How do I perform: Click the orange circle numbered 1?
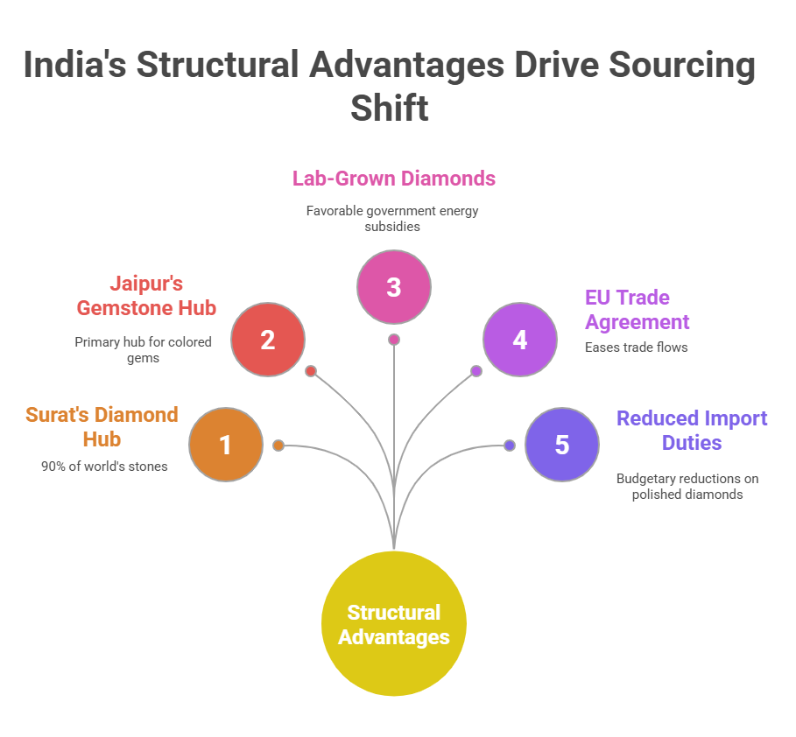(226, 445)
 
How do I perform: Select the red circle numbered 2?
(268, 340)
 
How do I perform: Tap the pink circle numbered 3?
(394, 287)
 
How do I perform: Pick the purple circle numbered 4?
(520, 340)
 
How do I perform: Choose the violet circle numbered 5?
(562, 445)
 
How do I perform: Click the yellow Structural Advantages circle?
(394, 624)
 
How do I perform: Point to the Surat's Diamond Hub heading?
(102, 426)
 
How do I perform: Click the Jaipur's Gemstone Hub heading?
(145, 296)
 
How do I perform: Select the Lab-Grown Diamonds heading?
(394, 179)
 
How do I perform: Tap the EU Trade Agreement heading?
(637, 309)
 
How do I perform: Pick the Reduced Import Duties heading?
(692, 430)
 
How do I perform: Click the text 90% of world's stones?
(104, 466)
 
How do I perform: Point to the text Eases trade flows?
(636, 347)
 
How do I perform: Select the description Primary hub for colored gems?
(144, 349)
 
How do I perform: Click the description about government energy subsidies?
(392, 218)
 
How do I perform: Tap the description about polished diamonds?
(687, 486)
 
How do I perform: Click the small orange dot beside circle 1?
(278, 445)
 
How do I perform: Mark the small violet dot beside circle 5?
(510, 445)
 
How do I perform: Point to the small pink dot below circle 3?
(394, 340)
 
